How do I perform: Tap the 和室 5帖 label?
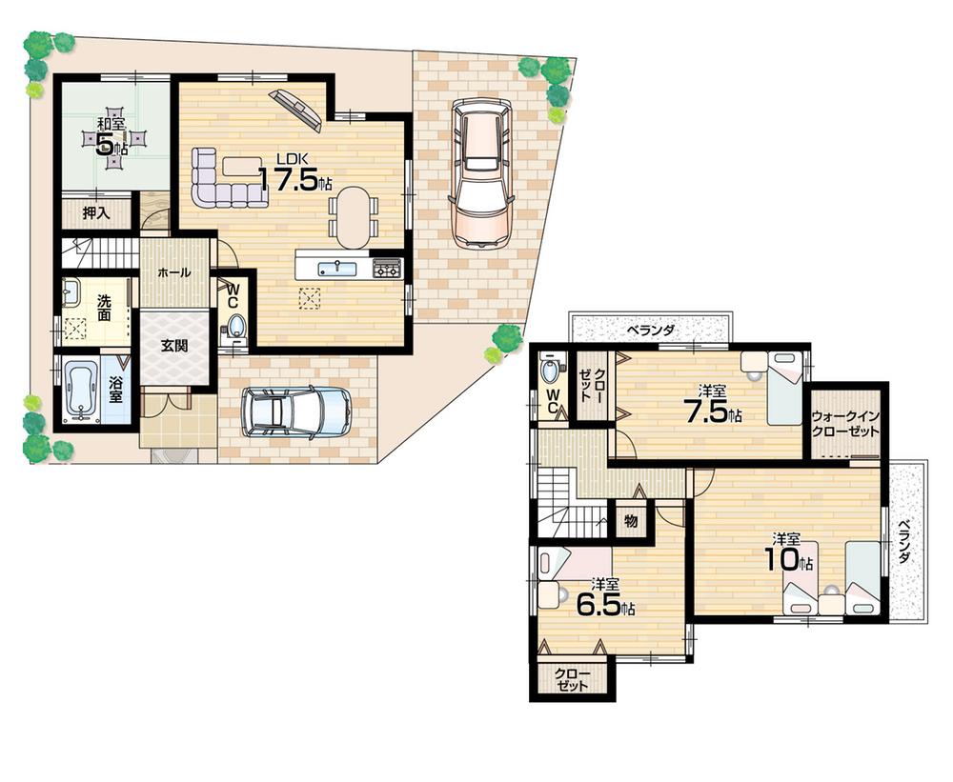[x=112, y=136]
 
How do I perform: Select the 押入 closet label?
[x=95, y=213]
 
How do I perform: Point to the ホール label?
[x=173, y=272]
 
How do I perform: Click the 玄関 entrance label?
[x=173, y=346]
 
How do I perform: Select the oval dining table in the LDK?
[x=353, y=214]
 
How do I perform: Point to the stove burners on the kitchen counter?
[x=387, y=269]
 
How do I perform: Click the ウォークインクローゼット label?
[x=846, y=424]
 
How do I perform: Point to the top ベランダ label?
[x=651, y=331]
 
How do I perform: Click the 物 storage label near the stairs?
[x=630, y=520]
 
